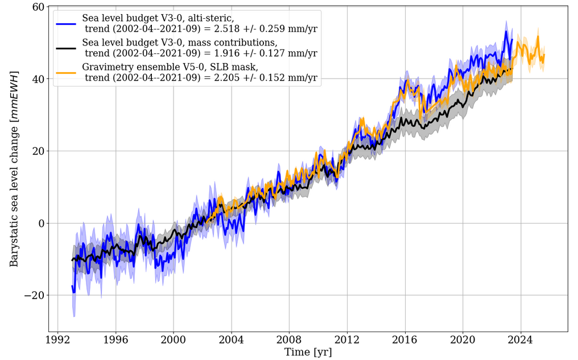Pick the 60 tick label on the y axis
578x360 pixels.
38,7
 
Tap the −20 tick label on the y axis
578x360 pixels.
34,295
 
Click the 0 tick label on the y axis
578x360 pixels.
41,223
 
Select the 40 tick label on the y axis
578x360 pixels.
38,79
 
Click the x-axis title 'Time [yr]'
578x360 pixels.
308,352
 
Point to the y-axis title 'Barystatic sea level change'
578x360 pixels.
14,169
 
